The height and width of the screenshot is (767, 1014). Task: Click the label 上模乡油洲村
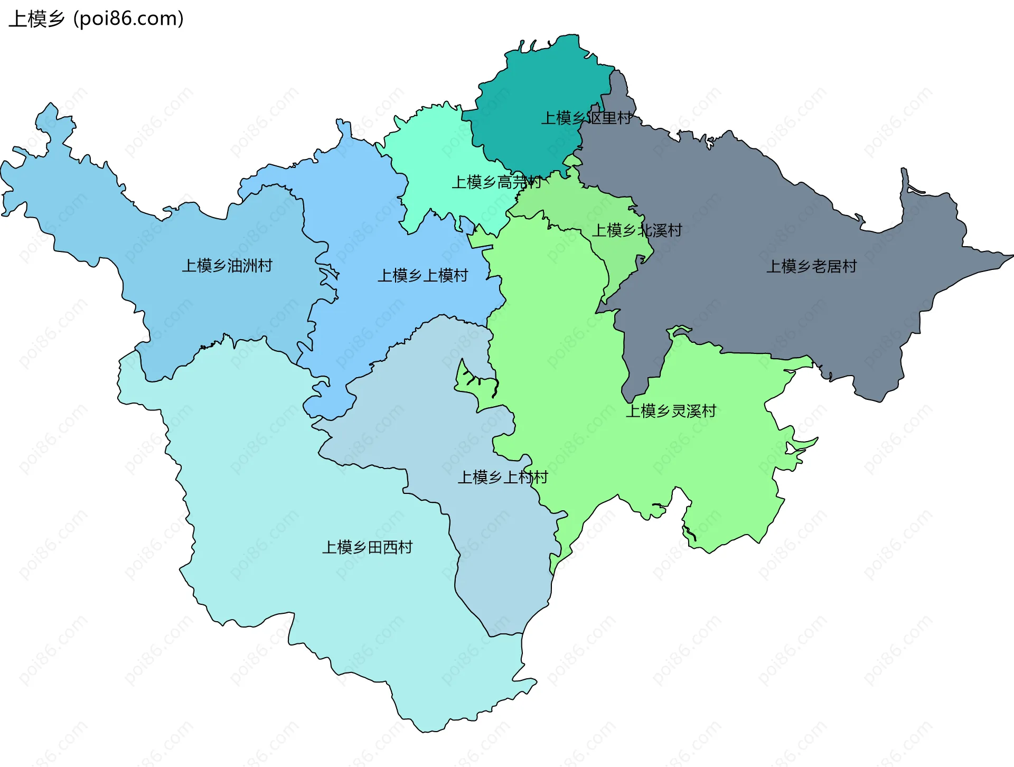227,265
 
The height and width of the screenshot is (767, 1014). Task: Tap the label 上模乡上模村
422,275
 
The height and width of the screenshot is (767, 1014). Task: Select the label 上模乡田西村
367,547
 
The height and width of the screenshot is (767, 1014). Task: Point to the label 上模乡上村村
502,478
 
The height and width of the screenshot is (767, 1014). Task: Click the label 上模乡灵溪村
671,411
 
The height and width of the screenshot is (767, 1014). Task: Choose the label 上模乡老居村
811,266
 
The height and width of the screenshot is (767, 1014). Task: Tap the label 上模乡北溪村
636,230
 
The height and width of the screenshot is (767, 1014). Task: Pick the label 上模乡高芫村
496,182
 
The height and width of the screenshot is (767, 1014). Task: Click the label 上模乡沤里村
586,118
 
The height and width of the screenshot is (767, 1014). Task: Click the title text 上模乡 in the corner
36,19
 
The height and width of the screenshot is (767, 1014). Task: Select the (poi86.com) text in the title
128,19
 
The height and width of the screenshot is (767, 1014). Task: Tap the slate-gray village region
739,222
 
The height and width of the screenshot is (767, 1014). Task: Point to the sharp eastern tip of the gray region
1010,256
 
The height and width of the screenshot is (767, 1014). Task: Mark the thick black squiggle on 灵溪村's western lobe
495,389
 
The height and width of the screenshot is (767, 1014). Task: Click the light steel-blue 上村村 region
449,412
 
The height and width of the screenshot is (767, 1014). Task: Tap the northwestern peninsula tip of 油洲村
50,106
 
